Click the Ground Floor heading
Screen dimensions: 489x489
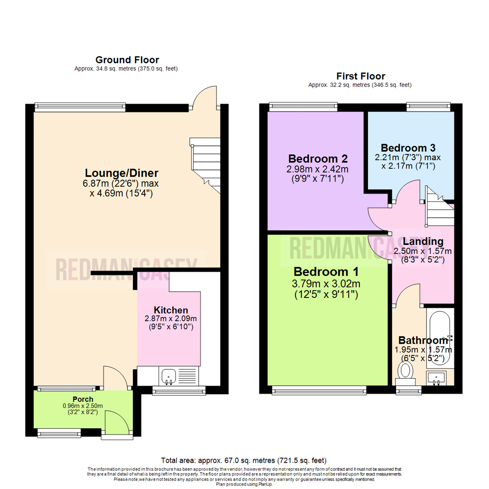coord(127,60)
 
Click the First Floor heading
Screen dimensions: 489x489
coord(360,76)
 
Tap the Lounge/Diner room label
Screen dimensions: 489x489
coord(122,173)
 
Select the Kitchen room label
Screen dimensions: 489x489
coord(171,310)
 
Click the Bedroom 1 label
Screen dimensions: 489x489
coord(326,272)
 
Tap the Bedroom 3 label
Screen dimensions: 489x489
coord(408,148)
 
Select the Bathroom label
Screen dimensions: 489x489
coord(423,340)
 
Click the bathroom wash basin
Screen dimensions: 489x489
coord(437,377)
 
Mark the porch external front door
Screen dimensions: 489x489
coord(112,423)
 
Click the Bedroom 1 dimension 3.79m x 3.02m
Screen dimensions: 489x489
coord(326,284)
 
